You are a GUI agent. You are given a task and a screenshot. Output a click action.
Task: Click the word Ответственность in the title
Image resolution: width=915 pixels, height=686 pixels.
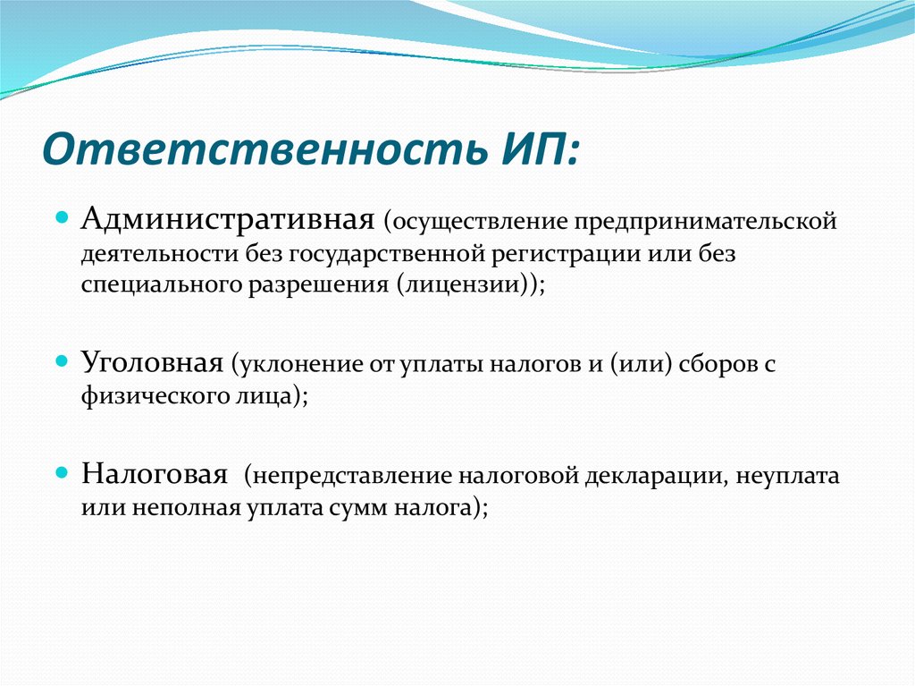pyautogui.click(x=264, y=148)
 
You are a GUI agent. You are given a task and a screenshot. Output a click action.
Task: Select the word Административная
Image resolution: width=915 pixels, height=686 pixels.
pyautogui.click(x=228, y=219)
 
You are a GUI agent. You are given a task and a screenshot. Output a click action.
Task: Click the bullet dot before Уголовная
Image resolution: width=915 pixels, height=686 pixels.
pyautogui.click(x=62, y=361)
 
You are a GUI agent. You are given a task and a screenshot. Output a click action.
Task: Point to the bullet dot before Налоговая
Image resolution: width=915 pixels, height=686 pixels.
pyautogui.click(x=62, y=472)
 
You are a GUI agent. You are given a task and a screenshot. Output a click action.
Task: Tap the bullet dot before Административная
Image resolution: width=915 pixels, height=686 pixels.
pyautogui.click(x=62, y=218)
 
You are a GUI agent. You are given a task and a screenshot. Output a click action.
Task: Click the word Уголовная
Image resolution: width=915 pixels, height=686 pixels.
pyautogui.click(x=152, y=362)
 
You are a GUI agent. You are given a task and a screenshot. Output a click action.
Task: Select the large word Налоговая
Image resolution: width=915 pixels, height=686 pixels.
pyautogui.click(x=155, y=473)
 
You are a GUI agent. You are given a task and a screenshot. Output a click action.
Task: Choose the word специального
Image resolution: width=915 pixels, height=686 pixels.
pyautogui.click(x=161, y=285)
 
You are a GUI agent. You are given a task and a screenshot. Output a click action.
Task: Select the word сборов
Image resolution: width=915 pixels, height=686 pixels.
pyautogui.click(x=720, y=364)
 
